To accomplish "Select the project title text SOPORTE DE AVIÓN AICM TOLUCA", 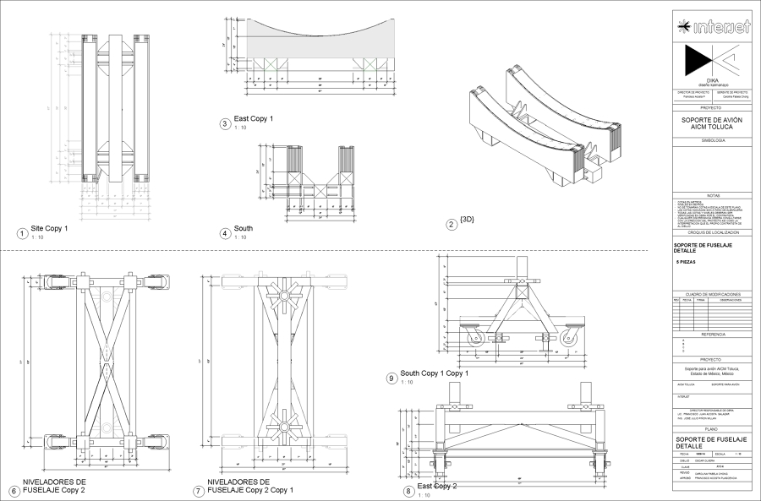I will click(x=713, y=123).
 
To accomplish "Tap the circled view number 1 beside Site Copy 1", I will click(x=21, y=233).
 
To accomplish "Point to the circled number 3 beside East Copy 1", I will click(x=225, y=123).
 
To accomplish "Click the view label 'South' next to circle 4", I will click(x=243, y=228).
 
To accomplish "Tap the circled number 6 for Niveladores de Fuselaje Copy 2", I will click(x=14, y=491).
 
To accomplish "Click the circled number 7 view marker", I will click(x=199, y=491).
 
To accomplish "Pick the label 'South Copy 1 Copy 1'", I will click(x=434, y=373).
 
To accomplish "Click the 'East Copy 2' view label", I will click(x=436, y=486).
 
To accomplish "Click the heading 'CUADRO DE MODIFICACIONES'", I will click(x=713, y=292).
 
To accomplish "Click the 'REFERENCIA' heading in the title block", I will click(x=713, y=335).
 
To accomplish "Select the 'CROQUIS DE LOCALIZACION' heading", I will click(x=713, y=231).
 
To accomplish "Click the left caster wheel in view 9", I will click(x=471, y=338).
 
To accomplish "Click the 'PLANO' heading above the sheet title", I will click(x=713, y=429).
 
